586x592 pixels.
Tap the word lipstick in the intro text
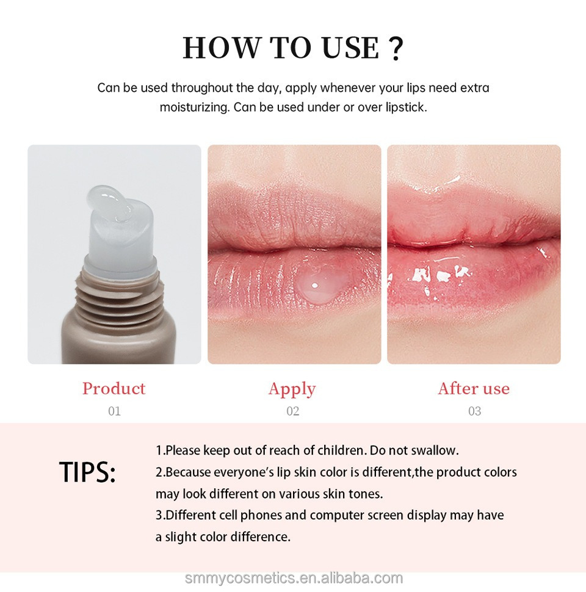point(405,107)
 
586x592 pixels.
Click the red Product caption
point(114,389)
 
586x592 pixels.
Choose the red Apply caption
point(292,389)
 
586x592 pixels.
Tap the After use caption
point(474,389)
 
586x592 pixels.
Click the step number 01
point(114,411)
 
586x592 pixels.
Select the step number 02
point(293,411)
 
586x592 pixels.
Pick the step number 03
point(474,411)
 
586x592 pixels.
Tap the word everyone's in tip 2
point(241,472)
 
